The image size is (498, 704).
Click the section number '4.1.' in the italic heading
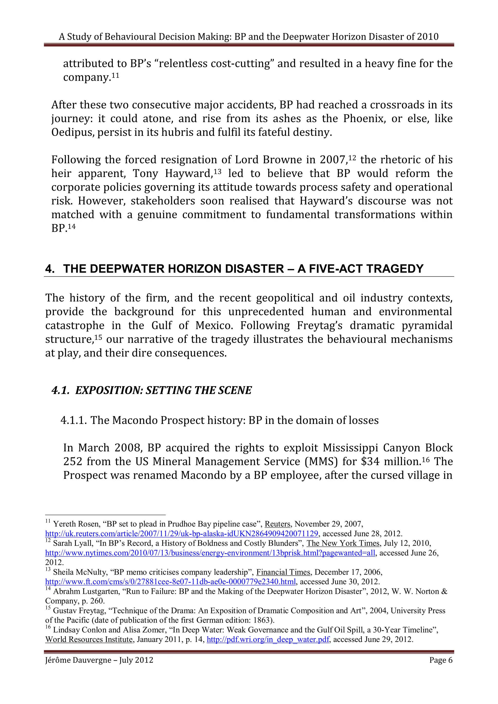61,390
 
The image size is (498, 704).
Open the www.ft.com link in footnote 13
170,582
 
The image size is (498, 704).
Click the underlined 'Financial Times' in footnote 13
283,572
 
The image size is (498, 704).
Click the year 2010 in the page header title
428,37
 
